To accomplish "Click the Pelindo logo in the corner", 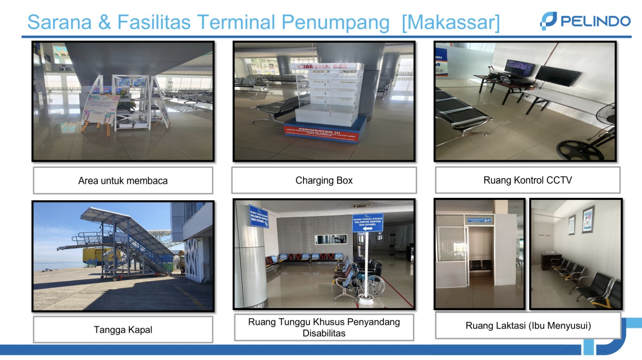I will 585,21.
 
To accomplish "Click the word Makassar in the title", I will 451,22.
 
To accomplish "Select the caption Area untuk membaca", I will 123,180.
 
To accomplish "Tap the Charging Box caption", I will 324,180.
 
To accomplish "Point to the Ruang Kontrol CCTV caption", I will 527,180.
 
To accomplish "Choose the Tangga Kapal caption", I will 123,330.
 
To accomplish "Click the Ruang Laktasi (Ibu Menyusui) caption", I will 528,325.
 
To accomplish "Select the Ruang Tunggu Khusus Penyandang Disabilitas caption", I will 324,327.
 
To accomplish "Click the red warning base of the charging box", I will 324,132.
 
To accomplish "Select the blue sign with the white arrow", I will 367,222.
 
